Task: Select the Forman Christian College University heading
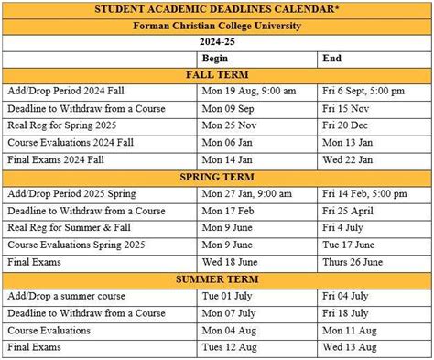(216, 26)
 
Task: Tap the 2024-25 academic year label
(216, 42)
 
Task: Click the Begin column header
(215, 58)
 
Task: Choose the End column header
(331, 58)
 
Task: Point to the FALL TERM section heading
(216, 74)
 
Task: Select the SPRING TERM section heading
(216, 177)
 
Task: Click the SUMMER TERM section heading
(216, 278)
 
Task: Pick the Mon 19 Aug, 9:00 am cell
(249, 92)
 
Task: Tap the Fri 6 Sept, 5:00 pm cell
(364, 92)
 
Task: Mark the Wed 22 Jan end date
(347, 159)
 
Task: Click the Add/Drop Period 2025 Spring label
(71, 193)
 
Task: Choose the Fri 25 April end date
(349, 211)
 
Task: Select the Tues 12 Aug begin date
(230, 347)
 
